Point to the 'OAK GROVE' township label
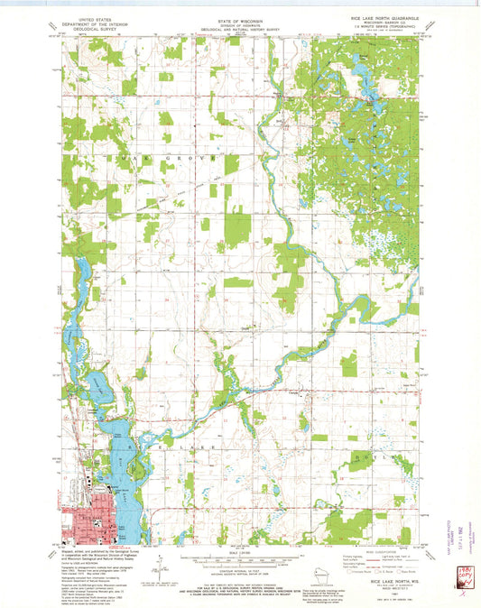[162, 156]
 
